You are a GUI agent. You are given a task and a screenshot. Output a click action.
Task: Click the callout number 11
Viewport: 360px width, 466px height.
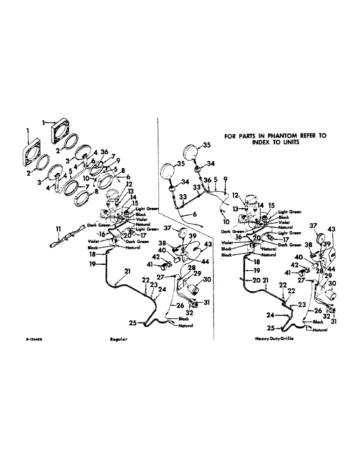(58, 228)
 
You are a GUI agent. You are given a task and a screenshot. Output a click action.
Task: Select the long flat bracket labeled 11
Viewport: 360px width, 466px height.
(65, 239)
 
